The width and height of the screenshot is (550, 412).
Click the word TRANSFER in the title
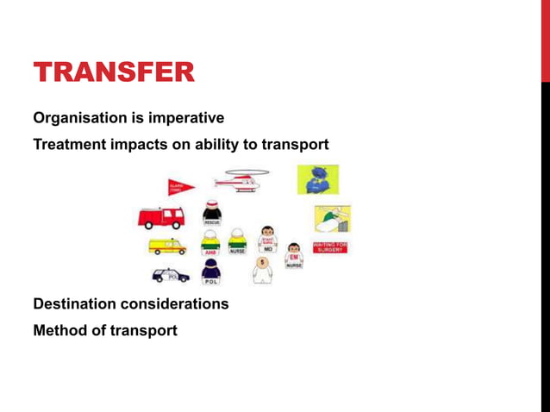click(x=114, y=73)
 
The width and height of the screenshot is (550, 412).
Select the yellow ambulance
click(x=166, y=247)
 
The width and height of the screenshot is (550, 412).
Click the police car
click(x=170, y=276)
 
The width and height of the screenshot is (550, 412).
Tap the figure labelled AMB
click(x=209, y=243)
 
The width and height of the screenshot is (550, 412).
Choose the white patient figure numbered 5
click(x=262, y=270)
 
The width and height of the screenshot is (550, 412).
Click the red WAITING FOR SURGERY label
click(x=329, y=247)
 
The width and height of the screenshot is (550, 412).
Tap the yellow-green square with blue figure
click(x=317, y=179)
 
